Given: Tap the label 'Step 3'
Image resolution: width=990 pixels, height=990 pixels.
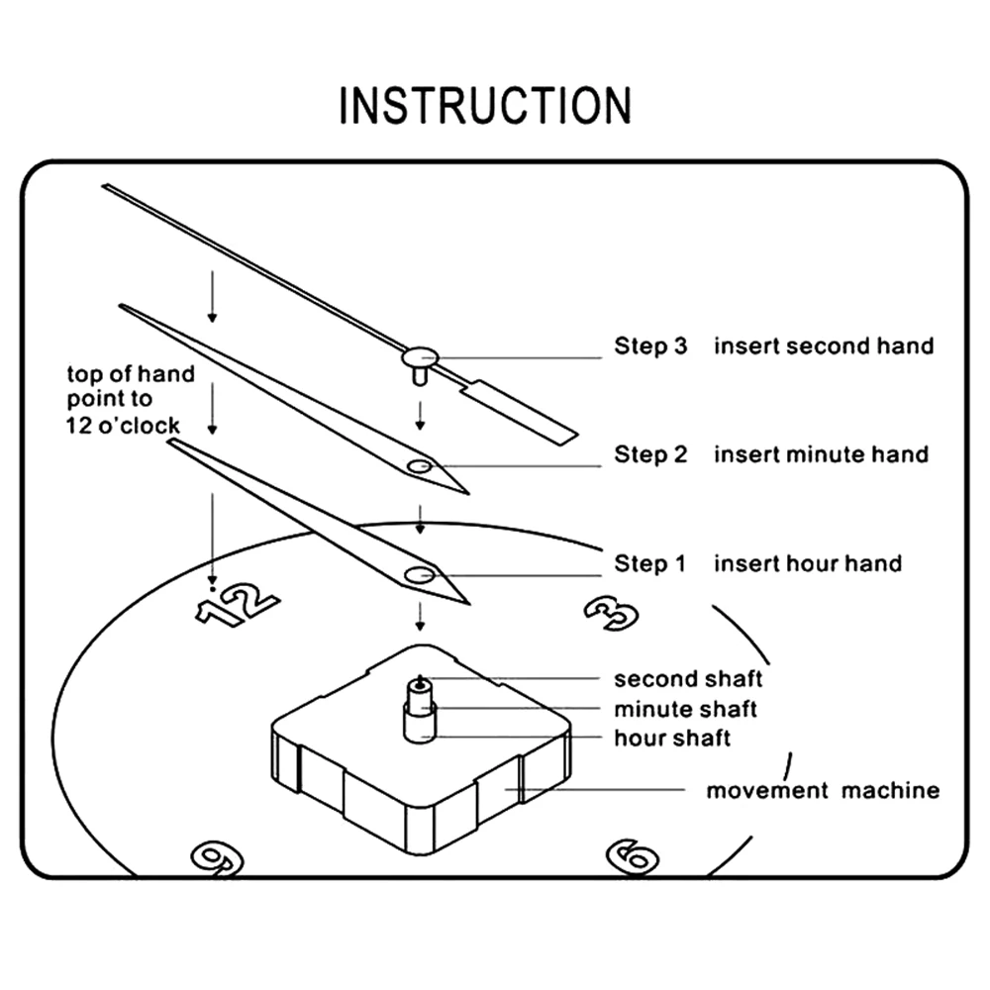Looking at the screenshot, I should click(x=649, y=346).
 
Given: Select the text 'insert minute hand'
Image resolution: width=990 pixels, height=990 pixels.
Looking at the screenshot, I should click(x=822, y=454).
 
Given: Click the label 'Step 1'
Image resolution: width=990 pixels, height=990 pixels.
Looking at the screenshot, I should click(x=649, y=564).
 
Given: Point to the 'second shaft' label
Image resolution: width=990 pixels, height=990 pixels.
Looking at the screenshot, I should click(x=688, y=679).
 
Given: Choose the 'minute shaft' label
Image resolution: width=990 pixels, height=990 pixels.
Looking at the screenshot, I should click(x=685, y=709).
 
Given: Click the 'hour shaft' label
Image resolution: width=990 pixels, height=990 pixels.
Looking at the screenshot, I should click(x=672, y=739).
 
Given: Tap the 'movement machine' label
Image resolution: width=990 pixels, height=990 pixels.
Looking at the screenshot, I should click(x=822, y=791).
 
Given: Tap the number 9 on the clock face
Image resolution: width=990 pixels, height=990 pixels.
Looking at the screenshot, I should click(x=216, y=855).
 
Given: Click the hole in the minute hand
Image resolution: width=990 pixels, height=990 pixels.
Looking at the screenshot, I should click(x=419, y=465).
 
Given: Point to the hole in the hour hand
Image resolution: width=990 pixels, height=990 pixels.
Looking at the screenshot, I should click(x=419, y=574).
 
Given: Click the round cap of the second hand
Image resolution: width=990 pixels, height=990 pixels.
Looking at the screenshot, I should click(x=421, y=353).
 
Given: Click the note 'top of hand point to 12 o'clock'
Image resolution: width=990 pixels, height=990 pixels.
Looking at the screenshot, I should click(x=125, y=400).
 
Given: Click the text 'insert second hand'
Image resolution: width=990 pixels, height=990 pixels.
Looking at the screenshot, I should click(x=824, y=346).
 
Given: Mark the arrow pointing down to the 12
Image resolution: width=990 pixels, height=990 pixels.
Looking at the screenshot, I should click(x=211, y=535).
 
